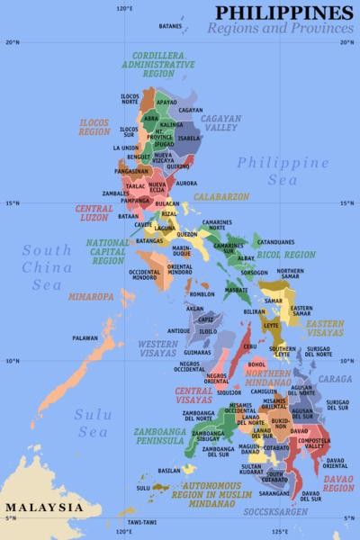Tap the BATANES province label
(170, 27)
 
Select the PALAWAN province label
(85, 338)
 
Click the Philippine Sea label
(283, 171)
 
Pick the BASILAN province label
(169, 471)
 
